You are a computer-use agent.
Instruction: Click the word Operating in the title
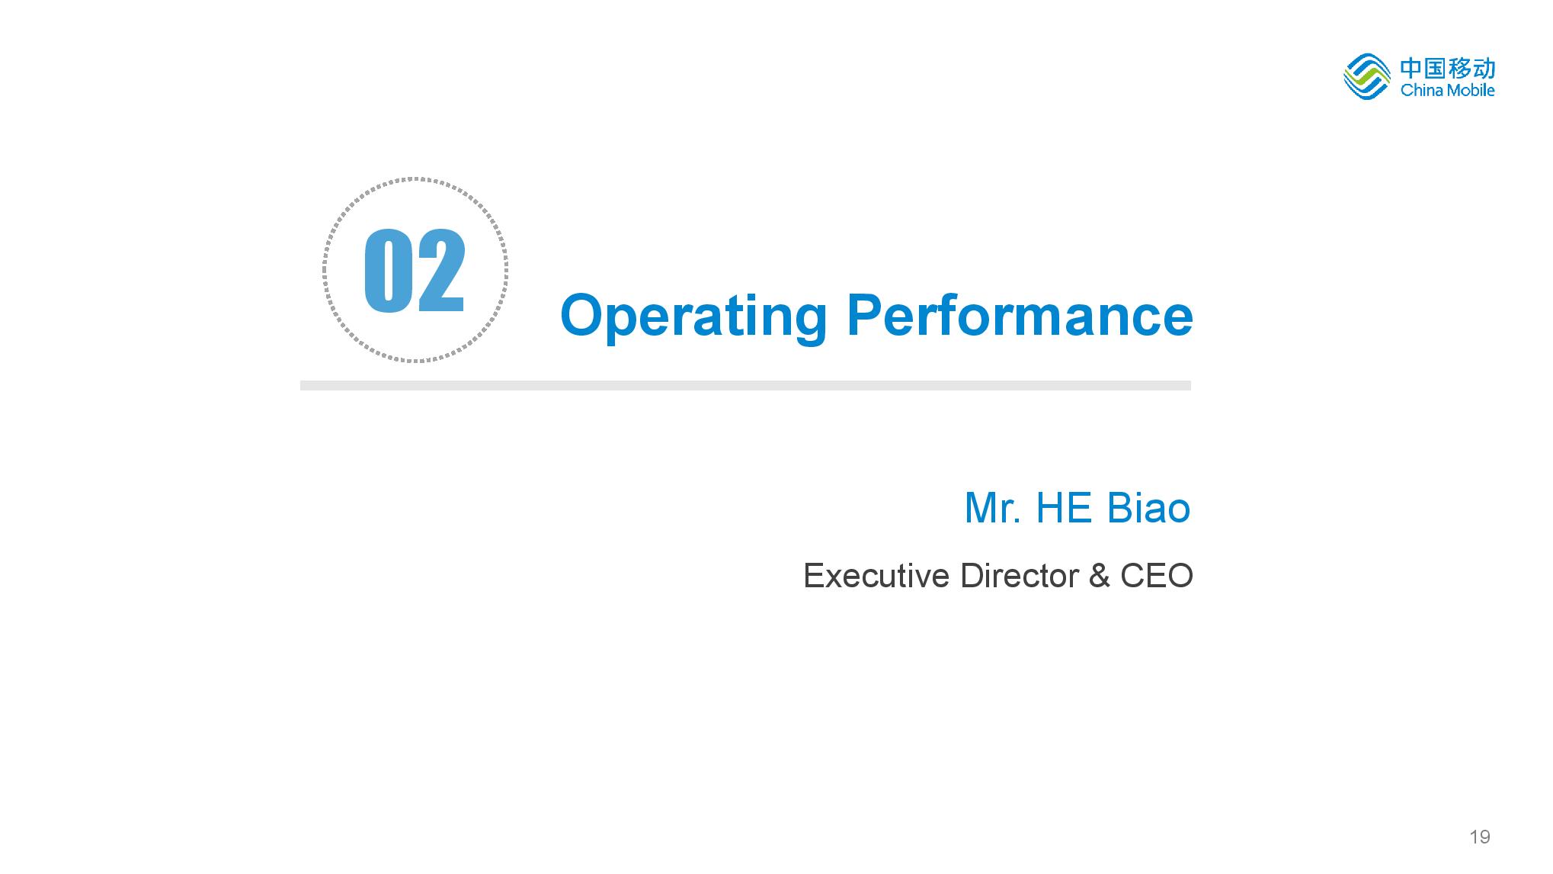(693, 317)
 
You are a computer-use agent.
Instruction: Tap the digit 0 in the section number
(387, 271)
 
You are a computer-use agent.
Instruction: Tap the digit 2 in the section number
(440, 271)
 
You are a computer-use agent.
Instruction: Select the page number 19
(1479, 837)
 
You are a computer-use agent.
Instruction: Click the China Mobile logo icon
(1367, 76)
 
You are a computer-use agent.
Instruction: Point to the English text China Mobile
(1448, 91)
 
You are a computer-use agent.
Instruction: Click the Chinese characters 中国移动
(1448, 69)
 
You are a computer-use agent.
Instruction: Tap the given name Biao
(1148, 508)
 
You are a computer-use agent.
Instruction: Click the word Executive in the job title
(877, 576)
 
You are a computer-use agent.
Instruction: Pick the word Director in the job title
(1020, 576)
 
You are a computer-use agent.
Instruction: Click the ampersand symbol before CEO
(1099, 576)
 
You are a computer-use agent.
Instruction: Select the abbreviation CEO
(1156, 576)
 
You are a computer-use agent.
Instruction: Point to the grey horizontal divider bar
(745, 385)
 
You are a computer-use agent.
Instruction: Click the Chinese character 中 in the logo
(1411, 69)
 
